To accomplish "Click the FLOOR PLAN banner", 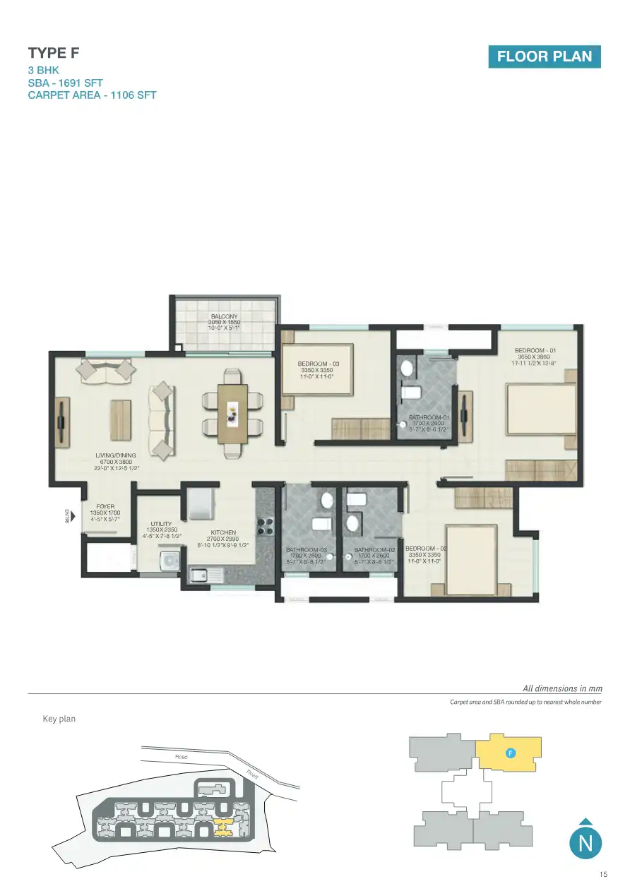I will point(544,56).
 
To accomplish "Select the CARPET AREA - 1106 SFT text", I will point(92,95).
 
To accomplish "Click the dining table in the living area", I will point(232,413).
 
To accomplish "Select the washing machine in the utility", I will point(170,561).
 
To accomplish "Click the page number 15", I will point(602,875).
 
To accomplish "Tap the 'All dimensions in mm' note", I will point(562,688).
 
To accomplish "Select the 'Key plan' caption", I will point(59,719).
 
